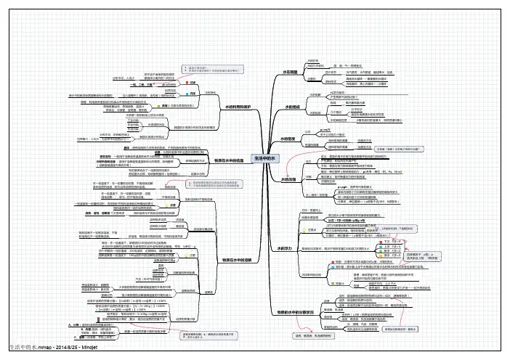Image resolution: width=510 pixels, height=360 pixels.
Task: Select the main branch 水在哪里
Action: (290, 72)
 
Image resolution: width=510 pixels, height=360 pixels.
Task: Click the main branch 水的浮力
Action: (290, 247)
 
